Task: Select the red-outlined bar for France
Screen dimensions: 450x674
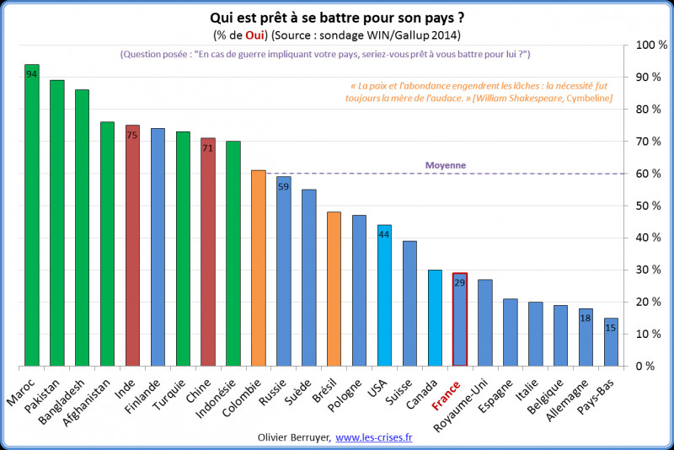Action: (461, 319)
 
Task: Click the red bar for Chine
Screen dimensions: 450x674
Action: (209, 252)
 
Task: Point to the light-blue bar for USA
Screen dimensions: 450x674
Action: (385, 296)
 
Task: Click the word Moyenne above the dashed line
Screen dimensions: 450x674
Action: (445, 165)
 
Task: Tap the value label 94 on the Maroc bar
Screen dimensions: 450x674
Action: (32, 74)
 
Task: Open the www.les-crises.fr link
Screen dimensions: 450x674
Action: (379, 437)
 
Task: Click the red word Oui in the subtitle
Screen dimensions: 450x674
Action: (255, 34)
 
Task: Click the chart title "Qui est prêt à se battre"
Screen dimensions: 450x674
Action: (336, 17)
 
